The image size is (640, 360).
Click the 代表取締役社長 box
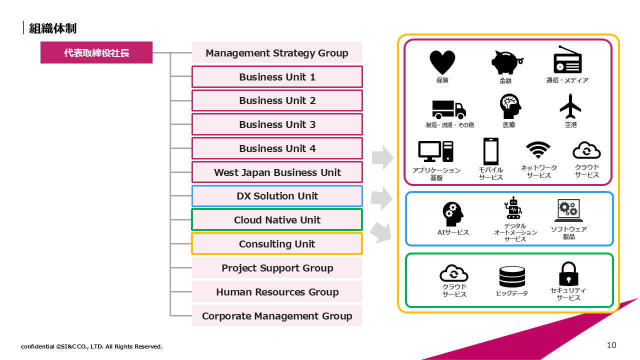pyautogui.click(x=96, y=52)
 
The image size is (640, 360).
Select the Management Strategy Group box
pyautogui.click(x=276, y=53)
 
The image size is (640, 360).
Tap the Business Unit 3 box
pyautogui.click(x=277, y=124)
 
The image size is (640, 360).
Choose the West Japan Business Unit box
pyautogui.click(x=277, y=172)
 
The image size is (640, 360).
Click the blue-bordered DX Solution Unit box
pyautogui.click(x=277, y=196)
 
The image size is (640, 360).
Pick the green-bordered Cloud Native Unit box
pyautogui.click(x=277, y=220)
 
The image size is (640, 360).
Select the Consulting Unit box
pyautogui.click(x=277, y=244)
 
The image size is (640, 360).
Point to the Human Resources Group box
pyautogui.click(x=277, y=292)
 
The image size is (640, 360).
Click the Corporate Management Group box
pyautogui.click(x=277, y=316)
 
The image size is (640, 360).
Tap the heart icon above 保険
pyautogui.click(x=442, y=62)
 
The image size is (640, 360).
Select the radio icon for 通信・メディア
pyautogui.click(x=567, y=60)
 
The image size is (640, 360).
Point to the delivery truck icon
pyautogui.click(x=448, y=109)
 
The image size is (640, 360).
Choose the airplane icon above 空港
pyautogui.click(x=570, y=105)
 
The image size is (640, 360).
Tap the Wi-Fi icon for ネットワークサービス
pyautogui.click(x=538, y=150)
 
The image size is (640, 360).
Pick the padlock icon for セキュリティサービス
pyautogui.click(x=568, y=273)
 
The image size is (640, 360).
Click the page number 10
pyautogui.click(x=611, y=345)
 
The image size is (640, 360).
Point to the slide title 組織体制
pyautogui.click(x=52, y=28)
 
